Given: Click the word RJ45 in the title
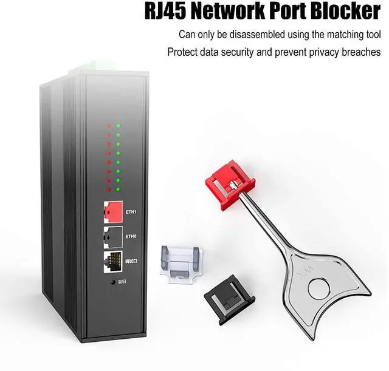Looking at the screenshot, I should coord(171,12).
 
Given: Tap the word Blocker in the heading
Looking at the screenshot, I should coord(339,12).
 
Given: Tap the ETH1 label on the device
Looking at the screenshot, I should coord(131,212).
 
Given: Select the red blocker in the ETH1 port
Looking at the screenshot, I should coord(112,211).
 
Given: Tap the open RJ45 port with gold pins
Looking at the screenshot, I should coord(112,260).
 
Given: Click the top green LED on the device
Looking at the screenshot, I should coord(119,126).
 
